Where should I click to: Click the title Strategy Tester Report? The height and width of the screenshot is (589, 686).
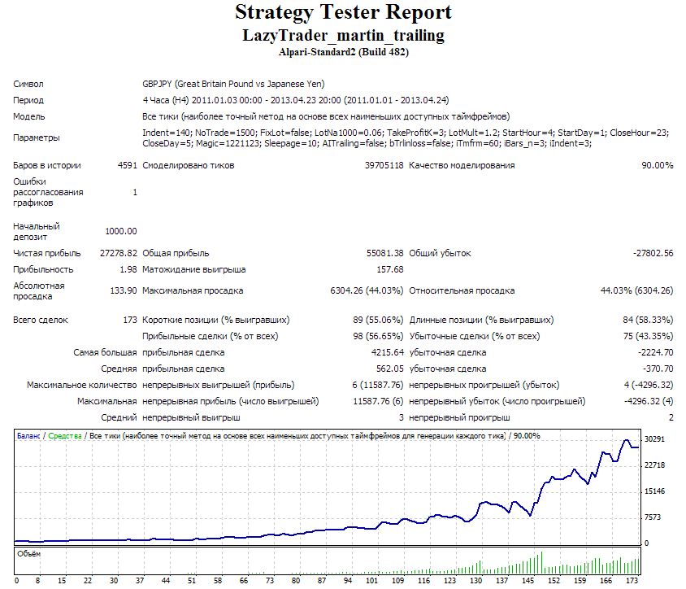click(x=343, y=13)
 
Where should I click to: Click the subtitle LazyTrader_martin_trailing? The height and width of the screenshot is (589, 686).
click(x=344, y=36)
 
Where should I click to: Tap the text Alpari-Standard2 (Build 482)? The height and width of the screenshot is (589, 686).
click(x=344, y=52)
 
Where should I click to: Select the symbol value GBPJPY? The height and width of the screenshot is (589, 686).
click(x=157, y=84)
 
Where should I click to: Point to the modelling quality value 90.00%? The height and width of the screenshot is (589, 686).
click(x=657, y=165)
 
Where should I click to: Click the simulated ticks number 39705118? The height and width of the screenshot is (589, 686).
click(x=384, y=165)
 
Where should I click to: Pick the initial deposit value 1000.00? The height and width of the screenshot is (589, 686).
click(x=121, y=231)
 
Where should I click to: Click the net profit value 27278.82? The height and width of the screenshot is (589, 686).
click(x=118, y=253)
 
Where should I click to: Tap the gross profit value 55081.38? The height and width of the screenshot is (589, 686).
click(x=384, y=253)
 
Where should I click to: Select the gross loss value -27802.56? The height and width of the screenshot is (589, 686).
click(x=653, y=253)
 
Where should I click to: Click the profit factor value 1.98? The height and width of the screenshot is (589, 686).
click(x=128, y=269)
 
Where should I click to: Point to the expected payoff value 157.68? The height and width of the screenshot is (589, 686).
click(x=390, y=269)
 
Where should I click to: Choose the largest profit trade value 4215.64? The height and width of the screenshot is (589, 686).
click(x=387, y=352)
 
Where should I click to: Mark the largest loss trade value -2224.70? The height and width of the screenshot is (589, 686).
click(x=655, y=352)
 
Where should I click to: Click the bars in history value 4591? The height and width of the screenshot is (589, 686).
click(x=128, y=165)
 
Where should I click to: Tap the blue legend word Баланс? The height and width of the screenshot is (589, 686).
click(x=28, y=436)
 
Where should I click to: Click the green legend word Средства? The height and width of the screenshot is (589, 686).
click(x=65, y=436)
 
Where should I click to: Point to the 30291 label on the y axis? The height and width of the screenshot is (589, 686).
click(x=654, y=439)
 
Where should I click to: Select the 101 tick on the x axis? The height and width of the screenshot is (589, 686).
click(x=371, y=581)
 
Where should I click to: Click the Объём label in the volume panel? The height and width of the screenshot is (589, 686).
click(x=29, y=554)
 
